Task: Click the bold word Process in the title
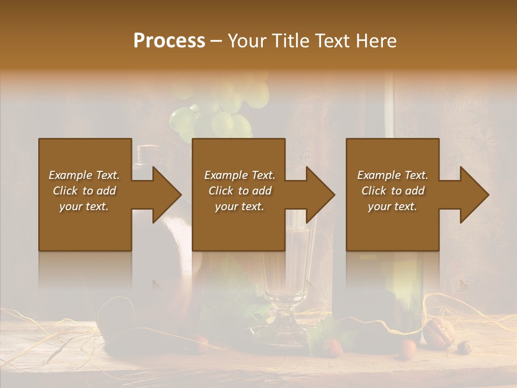[x=169, y=41]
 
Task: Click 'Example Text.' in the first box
[x=84, y=175]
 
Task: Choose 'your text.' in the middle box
[x=239, y=206]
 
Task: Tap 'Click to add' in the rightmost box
[x=393, y=191]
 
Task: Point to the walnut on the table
[x=439, y=330]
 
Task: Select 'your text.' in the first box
[x=84, y=206]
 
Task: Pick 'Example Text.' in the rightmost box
[x=393, y=175]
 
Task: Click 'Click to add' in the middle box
[x=240, y=191]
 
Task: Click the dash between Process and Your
[x=216, y=41]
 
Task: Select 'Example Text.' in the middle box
[x=240, y=175]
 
